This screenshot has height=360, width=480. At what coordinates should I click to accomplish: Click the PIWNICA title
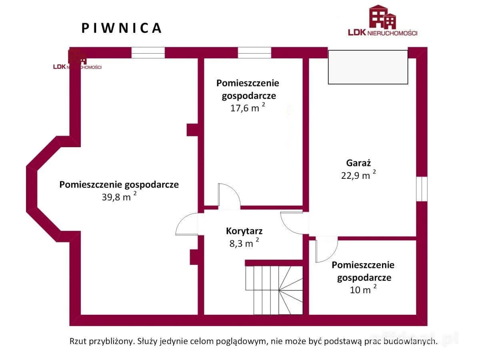tap(122, 28)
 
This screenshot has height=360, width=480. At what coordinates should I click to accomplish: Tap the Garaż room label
tap(359, 163)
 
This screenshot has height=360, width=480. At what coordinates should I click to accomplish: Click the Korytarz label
tap(244, 231)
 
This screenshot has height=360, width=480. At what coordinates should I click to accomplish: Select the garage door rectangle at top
tap(368, 67)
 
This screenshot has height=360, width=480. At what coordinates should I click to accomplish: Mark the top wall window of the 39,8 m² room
tap(148, 53)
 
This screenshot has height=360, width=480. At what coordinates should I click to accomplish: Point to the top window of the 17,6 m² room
tap(254, 53)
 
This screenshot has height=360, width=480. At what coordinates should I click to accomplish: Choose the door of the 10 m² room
tap(326, 250)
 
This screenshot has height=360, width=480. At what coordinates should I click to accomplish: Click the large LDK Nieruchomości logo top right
tap(382, 21)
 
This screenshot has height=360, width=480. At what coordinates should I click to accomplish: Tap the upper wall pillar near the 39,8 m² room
tap(192, 130)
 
